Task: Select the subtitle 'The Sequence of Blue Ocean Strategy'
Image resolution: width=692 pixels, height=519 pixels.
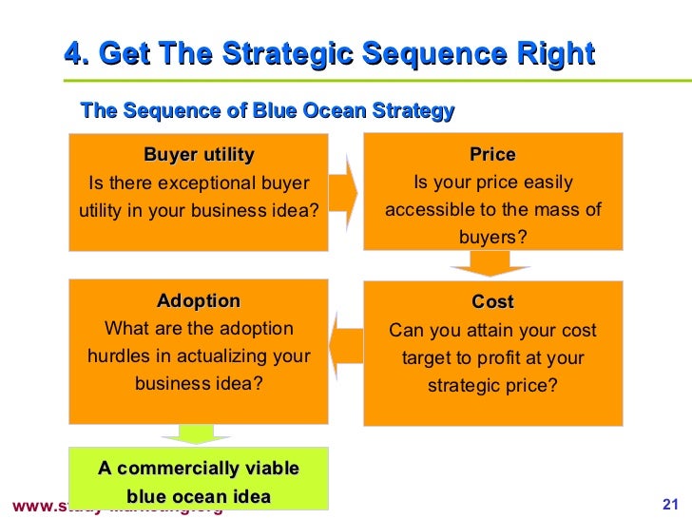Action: (267, 111)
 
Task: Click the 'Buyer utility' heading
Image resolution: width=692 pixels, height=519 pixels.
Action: (199, 155)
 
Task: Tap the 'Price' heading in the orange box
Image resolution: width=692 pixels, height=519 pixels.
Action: (492, 155)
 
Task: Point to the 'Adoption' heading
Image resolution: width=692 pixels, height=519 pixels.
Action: (199, 301)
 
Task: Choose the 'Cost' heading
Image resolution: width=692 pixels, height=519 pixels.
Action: (492, 302)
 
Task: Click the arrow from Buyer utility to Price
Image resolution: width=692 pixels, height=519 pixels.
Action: (344, 190)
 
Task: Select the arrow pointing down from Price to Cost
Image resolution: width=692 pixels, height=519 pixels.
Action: (491, 267)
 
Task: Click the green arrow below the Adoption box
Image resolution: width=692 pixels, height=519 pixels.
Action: (198, 434)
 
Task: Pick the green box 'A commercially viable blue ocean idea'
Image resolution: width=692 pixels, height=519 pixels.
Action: (199, 480)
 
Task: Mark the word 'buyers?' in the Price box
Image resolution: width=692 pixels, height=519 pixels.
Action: (492, 237)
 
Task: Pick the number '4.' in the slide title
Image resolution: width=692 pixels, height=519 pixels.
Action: (76, 54)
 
